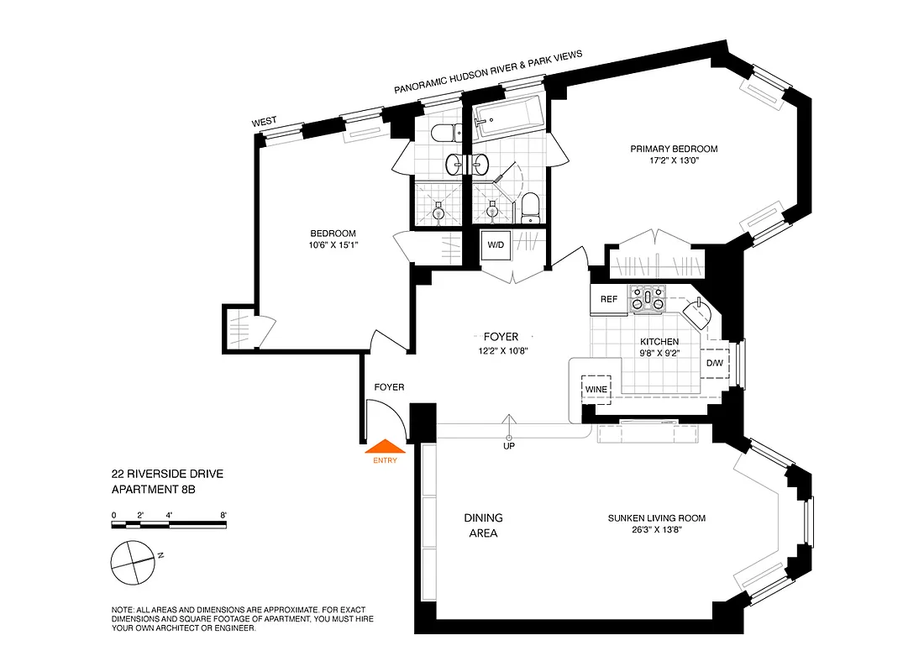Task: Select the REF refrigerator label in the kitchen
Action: [x=609, y=300]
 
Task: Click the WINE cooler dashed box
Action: [x=596, y=389]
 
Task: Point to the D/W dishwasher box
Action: [x=715, y=363]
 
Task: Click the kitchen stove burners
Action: [x=648, y=298]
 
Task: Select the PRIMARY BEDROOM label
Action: [x=675, y=149]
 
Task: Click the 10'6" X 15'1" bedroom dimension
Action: [x=333, y=246]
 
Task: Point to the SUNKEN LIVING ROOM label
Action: [x=657, y=518]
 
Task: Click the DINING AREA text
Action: [x=484, y=525]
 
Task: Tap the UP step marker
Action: [x=508, y=445]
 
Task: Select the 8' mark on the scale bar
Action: [x=223, y=515]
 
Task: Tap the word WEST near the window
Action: [x=264, y=123]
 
